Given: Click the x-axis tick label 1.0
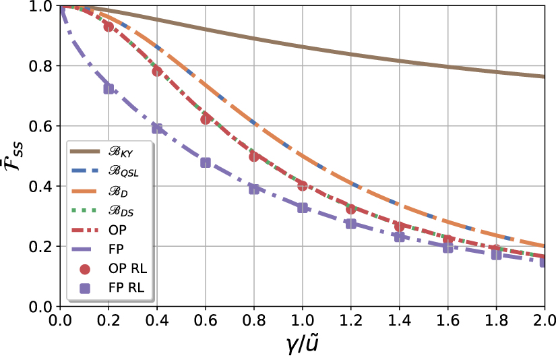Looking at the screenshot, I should point(302,319).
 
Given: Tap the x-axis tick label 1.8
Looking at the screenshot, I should point(496,319).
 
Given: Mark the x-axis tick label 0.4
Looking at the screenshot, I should point(156,319).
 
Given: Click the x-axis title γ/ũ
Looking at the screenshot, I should point(302,344).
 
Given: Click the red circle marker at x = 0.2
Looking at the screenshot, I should point(109,26).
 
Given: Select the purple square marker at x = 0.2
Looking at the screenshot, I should point(109,89).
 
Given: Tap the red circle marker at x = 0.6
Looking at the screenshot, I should point(206,119).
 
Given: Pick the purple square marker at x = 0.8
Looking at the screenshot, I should point(254,189).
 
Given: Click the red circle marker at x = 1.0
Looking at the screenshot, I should point(303,185).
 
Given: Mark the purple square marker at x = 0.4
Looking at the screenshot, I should point(157,128).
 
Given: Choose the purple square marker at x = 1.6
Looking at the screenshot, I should point(448,247).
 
